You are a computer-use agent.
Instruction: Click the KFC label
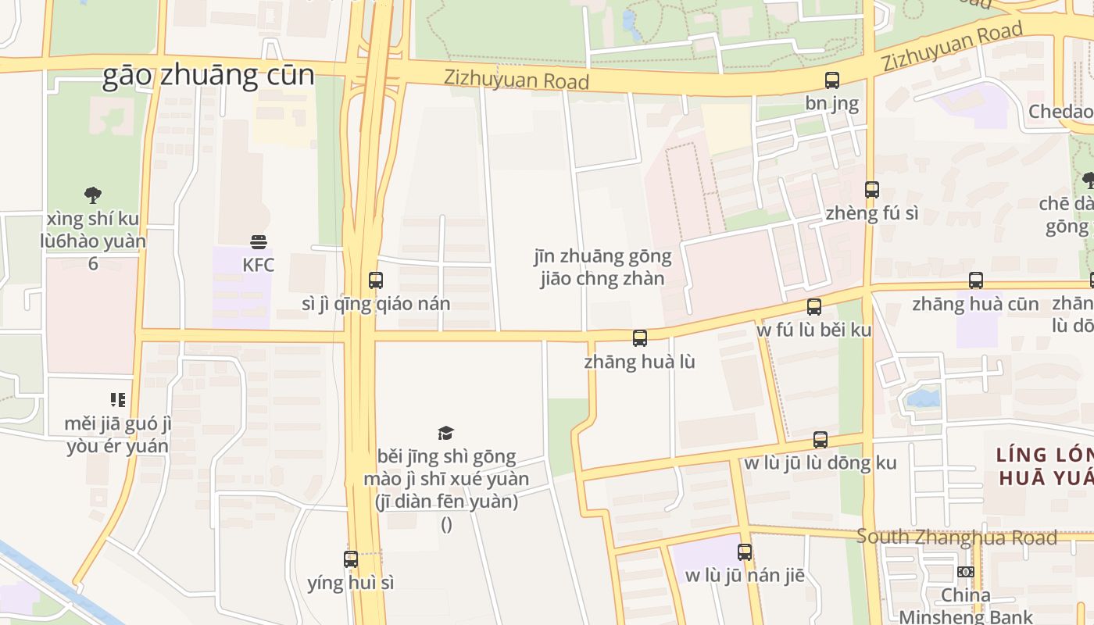(258, 265)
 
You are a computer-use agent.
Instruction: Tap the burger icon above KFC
(259, 242)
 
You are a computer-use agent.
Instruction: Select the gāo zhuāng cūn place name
(209, 76)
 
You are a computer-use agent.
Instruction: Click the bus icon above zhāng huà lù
(640, 338)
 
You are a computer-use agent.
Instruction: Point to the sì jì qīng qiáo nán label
(376, 304)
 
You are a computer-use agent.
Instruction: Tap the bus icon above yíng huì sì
(351, 559)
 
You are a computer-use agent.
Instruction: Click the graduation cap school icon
(446, 433)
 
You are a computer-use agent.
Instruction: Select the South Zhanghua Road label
(956, 537)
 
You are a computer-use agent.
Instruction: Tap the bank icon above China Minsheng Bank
(966, 572)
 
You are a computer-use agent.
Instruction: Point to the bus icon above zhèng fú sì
(872, 190)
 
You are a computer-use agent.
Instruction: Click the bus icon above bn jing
(832, 80)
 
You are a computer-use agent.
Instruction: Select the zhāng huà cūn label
(975, 304)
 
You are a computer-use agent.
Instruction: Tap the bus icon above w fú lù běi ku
(814, 307)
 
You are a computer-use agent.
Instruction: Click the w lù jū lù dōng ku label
(820, 462)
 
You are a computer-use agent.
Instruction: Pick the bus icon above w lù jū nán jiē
(745, 552)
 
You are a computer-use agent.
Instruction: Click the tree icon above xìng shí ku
(93, 195)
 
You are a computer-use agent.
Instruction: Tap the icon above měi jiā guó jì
(118, 401)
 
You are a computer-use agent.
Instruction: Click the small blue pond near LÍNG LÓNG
(924, 399)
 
